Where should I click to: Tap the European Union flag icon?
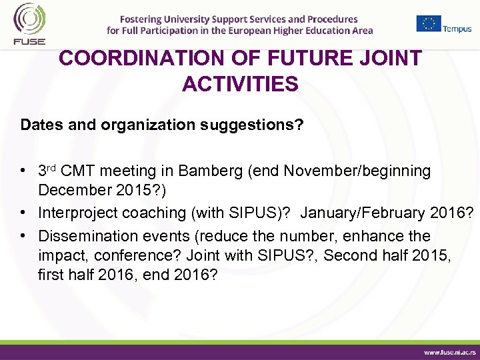pyautogui.click(x=429, y=23)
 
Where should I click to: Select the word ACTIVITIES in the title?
pyautogui.click(x=240, y=85)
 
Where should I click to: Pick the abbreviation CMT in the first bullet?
pyautogui.click(x=78, y=171)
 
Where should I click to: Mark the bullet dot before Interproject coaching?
pyautogui.click(x=24, y=213)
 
